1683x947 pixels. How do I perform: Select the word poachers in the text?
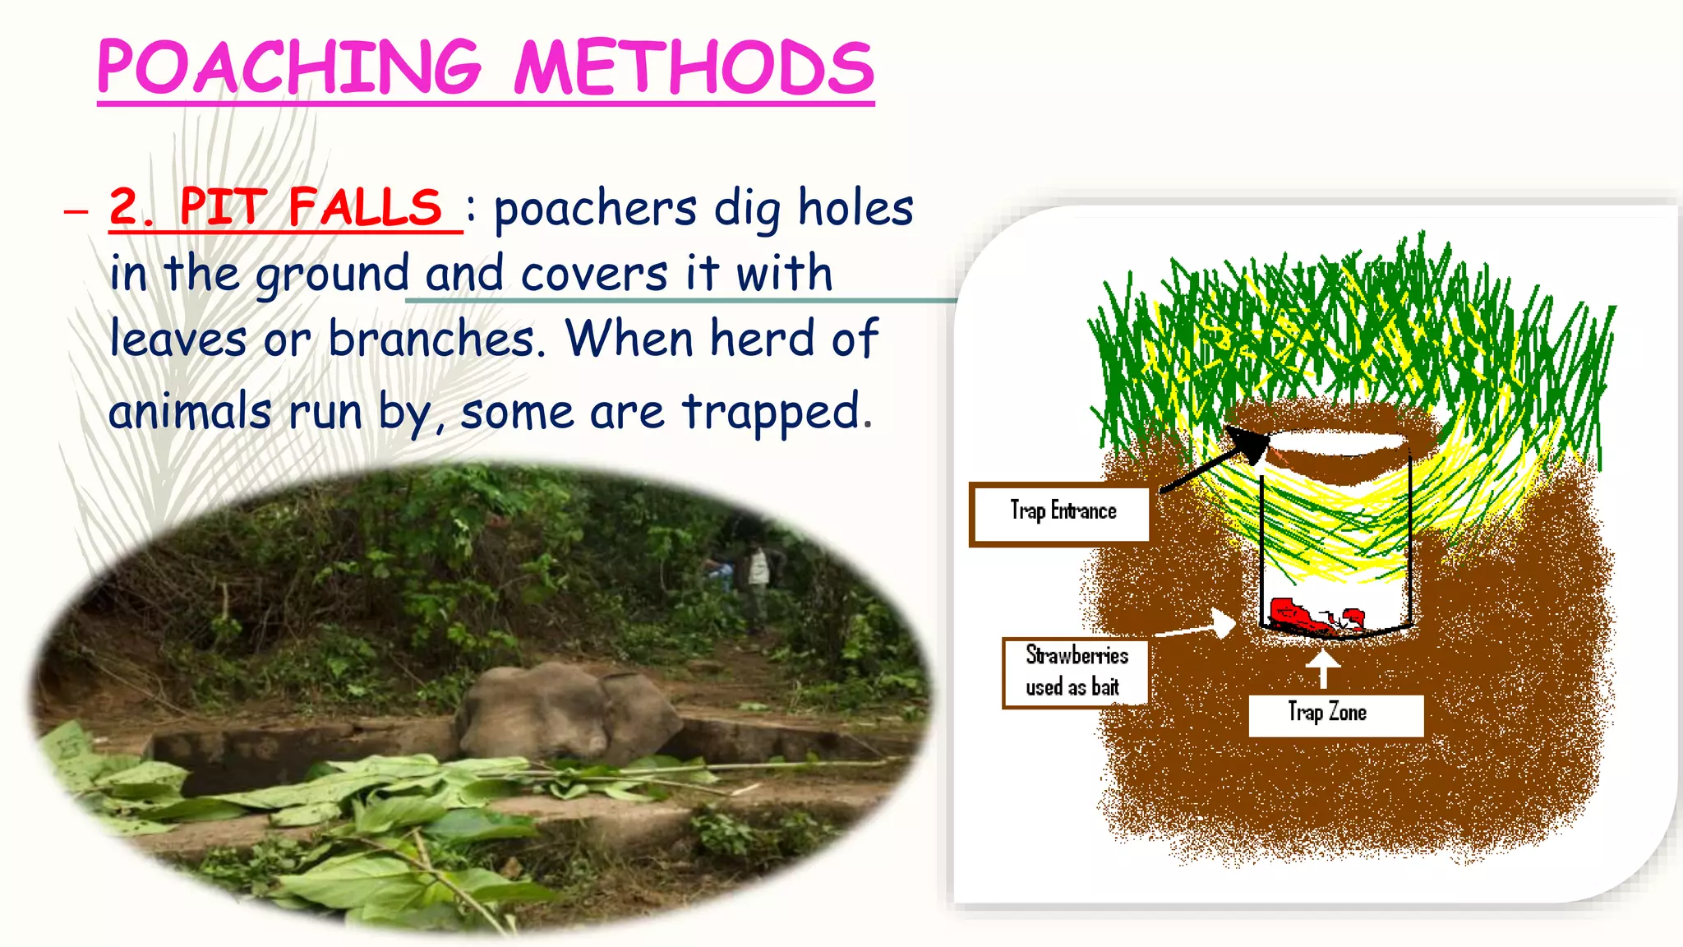pyautogui.click(x=595, y=208)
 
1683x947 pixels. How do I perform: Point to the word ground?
pyautogui.click(x=332, y=275)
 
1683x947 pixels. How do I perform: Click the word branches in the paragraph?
pyautogui.click(x=436, y=338)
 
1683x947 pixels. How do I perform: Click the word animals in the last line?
pyautogui.click(x=190, y=410)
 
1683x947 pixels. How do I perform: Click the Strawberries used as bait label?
pyautogui.click(x=1076, y=672)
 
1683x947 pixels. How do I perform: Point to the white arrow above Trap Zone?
pyautogui.click(x=1323, y=668)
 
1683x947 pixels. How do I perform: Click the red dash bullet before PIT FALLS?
pyautogui.click(x=76, y=211)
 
